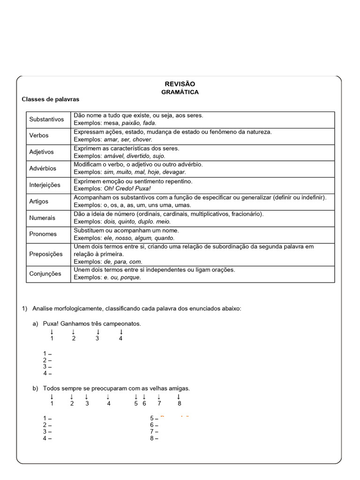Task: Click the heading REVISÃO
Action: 180,83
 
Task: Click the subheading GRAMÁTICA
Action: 180,92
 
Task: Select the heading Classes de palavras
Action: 51,99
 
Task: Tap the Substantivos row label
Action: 46,119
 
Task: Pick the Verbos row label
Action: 39,135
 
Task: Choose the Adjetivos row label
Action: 42,152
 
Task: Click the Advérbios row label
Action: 43,168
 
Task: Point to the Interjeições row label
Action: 45,185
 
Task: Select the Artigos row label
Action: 39,201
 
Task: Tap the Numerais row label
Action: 42,217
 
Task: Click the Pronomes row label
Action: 43,234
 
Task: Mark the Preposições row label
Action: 46,254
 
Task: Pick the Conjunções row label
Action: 45,274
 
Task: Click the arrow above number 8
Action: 179,397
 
